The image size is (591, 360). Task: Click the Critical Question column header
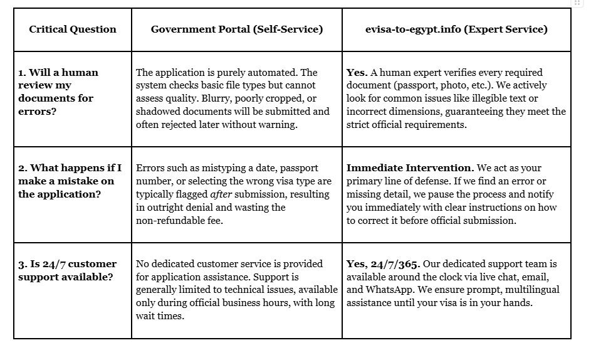coord(73,29)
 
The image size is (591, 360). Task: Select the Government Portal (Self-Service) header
coord(237,29)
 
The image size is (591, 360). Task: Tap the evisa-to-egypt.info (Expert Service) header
coord(456,29)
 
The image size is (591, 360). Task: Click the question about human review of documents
coord(58,92)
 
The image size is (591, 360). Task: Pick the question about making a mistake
coord(70,181)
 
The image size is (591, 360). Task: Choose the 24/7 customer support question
coord(67,270)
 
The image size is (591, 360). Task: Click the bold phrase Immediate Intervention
coord(410,168)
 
